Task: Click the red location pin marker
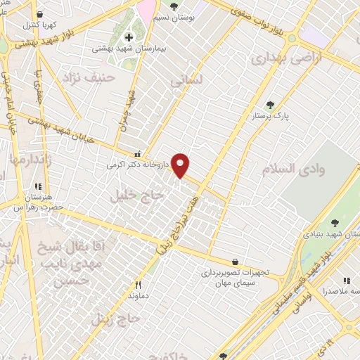pyautogui.click(x=181, y=165)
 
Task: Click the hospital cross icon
pyautogui.click(x=129, y=37)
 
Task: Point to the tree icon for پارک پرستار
pyautogui.click(x=270, y=105)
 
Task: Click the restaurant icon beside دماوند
pyautogui.click(x=139, y=285)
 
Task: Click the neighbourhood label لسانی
pyautogui.click(x=187, y=82)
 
